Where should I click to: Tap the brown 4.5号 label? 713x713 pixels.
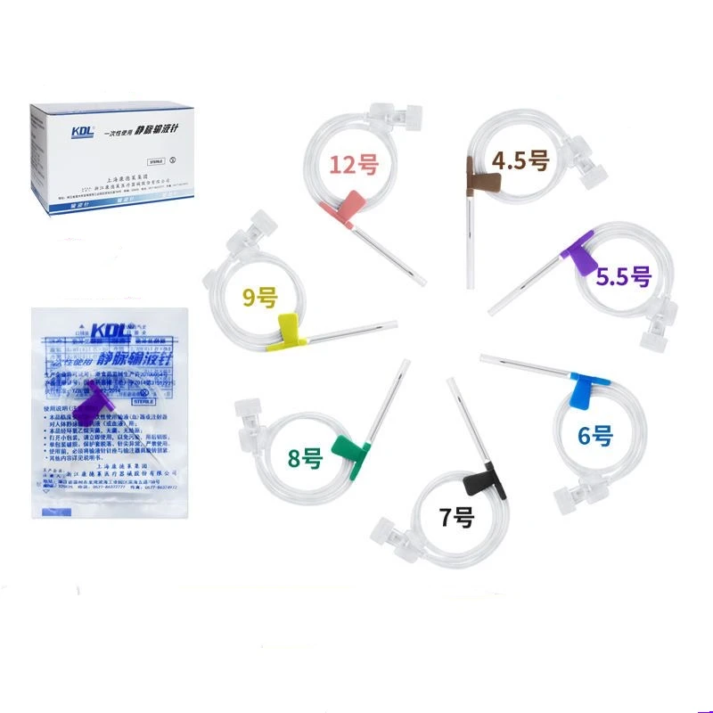521,161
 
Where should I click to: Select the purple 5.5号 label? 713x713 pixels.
624,275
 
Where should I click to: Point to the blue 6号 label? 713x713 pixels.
595,436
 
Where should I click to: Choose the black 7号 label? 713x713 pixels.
456,517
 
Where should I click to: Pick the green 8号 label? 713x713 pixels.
305,461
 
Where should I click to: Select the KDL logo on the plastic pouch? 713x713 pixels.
98,324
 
